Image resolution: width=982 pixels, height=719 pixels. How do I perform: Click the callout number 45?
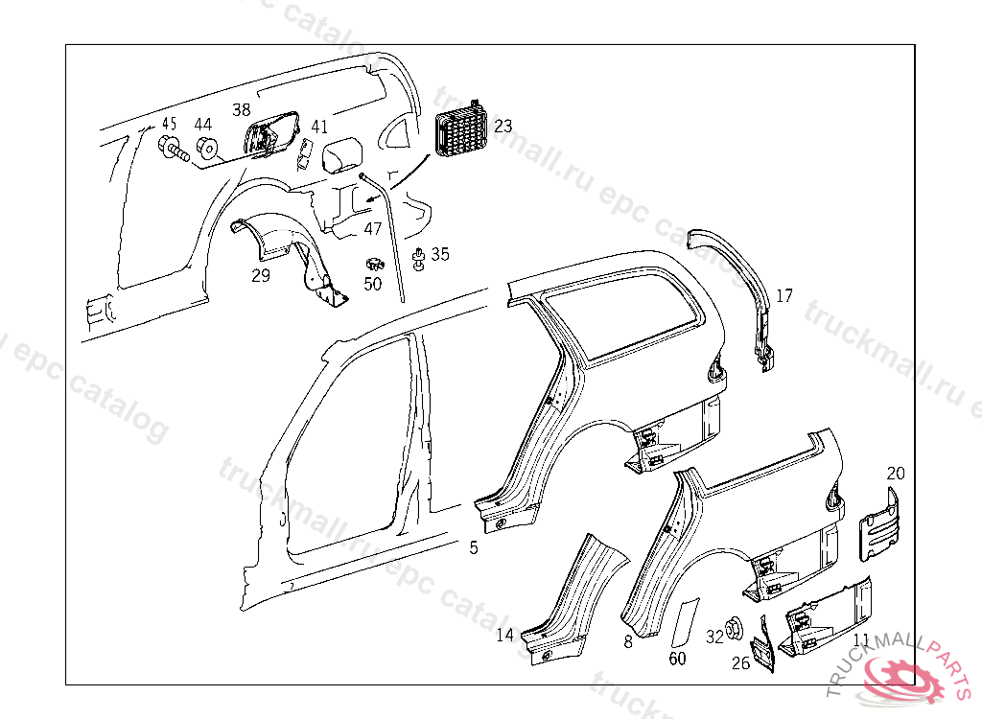point(169,124)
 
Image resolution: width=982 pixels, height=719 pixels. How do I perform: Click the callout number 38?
point(241,109)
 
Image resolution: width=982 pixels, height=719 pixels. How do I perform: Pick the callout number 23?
point(503,126)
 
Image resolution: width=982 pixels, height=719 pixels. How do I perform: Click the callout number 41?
point(319,127)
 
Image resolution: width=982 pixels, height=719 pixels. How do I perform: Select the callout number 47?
point(373,229)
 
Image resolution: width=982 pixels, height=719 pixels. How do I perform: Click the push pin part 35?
point(420,257)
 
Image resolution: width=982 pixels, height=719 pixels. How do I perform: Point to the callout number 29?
point(261,276)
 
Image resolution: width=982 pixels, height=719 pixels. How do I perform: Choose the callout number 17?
point(784,296)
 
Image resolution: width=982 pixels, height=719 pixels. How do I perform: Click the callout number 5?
point(473,547)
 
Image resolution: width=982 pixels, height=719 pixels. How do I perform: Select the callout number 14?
point(505,635)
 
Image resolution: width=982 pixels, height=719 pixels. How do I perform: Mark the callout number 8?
point(628,641)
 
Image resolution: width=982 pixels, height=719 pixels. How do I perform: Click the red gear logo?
point(902,677)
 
